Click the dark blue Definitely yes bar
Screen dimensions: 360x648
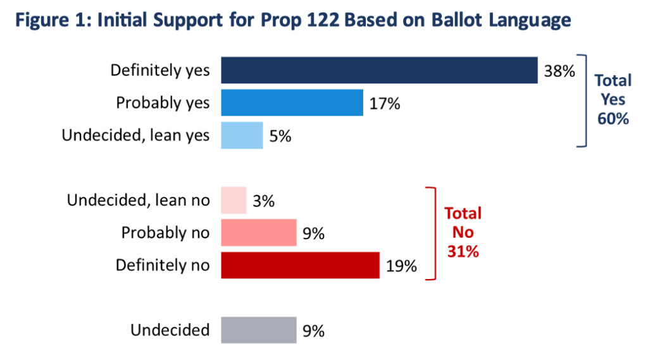[378, 70]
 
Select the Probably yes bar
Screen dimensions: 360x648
[292, 103]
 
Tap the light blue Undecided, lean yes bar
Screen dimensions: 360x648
[242, 135]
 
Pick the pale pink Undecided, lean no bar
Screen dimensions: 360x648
[234, 201]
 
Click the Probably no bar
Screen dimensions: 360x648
[259, 233]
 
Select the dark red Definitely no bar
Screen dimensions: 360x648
[300, 265]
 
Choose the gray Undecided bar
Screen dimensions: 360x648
[259, 330]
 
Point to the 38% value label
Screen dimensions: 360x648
[559, 71]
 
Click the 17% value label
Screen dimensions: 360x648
[385, 103]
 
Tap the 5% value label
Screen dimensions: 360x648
[280, 136]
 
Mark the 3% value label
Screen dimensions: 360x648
[263, 201]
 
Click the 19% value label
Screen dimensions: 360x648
[401, 266]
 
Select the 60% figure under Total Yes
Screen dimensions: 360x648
[612, 118]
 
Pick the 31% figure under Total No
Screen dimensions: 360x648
[463, 251]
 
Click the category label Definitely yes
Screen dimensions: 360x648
[159, 70]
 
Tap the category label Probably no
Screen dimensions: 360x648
[165, 233]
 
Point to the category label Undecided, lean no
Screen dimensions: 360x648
[137, 201]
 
